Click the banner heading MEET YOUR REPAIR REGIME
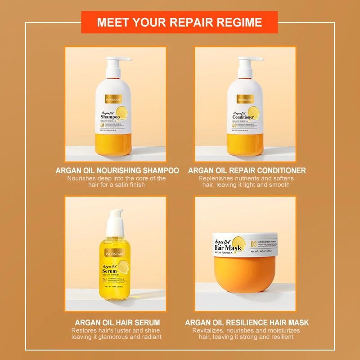pyautogui.click(x=180, y=22)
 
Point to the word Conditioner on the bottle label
pyautogui.click(x=243, y=117)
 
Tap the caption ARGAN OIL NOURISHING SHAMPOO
pyautogui.click(x=117, y=171)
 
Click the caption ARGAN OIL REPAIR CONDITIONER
pyautogui.click(x=247, y=171)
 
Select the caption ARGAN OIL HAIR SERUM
pyautogui.click(x=117, y=323)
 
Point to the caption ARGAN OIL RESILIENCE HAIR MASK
pyautogui.click(x=247, y=323)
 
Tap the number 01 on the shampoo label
pyautogui.click(x=103, y=126)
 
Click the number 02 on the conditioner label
pyautogui.click(x=234, y=126)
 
